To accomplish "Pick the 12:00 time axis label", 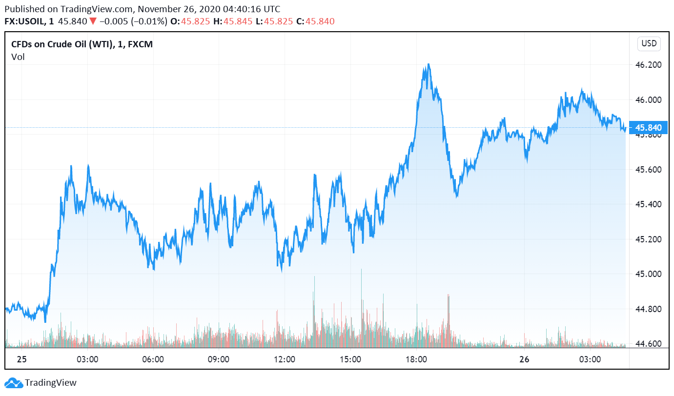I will click(285, 360).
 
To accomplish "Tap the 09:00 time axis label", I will click(219, 360).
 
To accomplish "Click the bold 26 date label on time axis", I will click(524, 360).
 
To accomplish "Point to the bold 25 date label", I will click(21, 360).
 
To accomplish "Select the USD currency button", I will click(649, 43).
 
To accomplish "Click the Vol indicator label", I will click(18, 57).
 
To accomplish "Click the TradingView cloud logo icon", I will click(14, 383).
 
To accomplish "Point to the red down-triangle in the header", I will click(93, 21).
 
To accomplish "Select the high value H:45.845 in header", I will click(228, 21).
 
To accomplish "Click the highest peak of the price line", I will click(428, 64).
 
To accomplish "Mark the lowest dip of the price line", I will click(45, 322).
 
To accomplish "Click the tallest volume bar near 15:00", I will click(362, 269).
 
